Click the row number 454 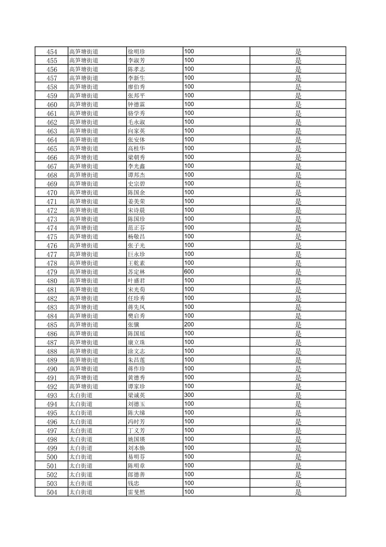tap(52, 51)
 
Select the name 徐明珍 tap(136, 51)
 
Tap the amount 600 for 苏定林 tap(189, 272)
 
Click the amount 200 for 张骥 tap(189, 325)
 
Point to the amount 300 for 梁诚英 tap(189, 395)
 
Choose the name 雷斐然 tap(136, 492)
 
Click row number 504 tap(52, 492)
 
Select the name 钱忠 tap(133, 483)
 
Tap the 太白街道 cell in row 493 tap(81, 395)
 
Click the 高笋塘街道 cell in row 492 tap(84, 386)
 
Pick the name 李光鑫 tap(136, 166)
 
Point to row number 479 tap(52, 272)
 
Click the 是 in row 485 tap(298, 325)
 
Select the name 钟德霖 tap(136, 104)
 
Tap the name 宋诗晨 tap(136, 210)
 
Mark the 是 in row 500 tap(298, 457)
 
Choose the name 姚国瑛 tap(136, 439)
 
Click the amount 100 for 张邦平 tap(189, 95)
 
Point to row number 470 tap(52, 193)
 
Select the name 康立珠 tap(136, 342)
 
